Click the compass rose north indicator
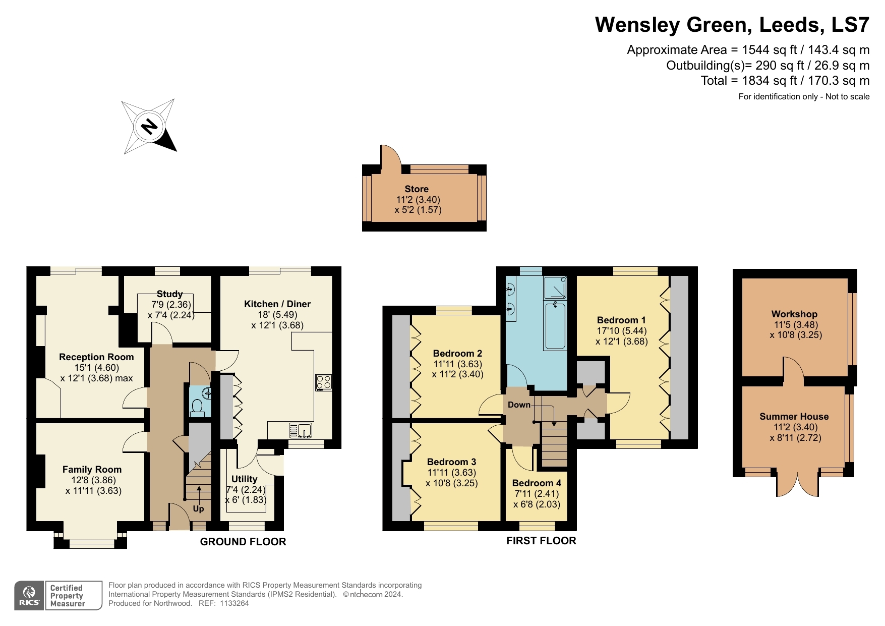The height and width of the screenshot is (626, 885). tap(149, 126)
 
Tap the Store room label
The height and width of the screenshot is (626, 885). tap(417, 189)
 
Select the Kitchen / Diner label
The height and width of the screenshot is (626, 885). tap(277, 304)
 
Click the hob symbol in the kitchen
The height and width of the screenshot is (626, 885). tap(323, 383)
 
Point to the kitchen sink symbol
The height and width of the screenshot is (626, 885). tap(301, 430)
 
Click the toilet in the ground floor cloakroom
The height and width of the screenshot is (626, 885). tap(198, 406)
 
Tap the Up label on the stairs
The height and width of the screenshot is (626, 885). tap(198, 508)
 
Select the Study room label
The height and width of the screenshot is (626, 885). tap(169, 294)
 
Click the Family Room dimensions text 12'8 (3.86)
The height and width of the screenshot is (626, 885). tap(93, 480)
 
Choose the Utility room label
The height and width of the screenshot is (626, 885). tap(244, 479)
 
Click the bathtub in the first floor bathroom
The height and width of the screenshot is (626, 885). tap(555, 325)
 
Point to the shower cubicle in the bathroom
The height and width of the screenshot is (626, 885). tap(555, 288)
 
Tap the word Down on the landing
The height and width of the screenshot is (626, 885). tap(519, 405)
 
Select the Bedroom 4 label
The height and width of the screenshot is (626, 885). tap(537, 483)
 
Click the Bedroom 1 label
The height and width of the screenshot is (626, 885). tap(621, 320)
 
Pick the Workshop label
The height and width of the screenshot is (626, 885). tap(794, 314)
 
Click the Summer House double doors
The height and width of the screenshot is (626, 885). tap(797, 484)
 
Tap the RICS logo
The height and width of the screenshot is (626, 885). tap(29, 596)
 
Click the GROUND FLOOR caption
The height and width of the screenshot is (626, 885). tap(243, 541)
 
